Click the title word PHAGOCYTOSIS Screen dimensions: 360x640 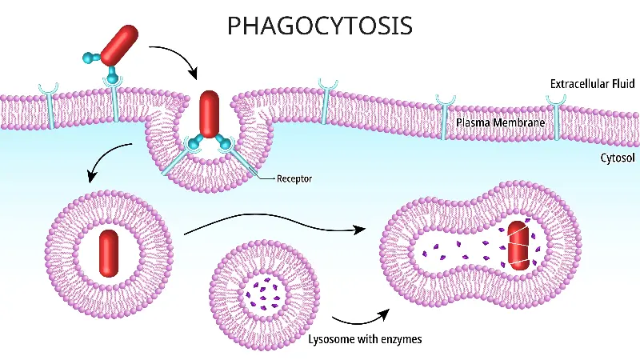320,26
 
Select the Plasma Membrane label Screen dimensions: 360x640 501,123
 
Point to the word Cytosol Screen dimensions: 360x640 618,158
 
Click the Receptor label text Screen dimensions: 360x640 294,178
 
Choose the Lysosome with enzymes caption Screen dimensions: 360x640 365,339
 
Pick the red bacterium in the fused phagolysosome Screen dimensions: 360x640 519,243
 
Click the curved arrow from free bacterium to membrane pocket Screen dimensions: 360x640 180,58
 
